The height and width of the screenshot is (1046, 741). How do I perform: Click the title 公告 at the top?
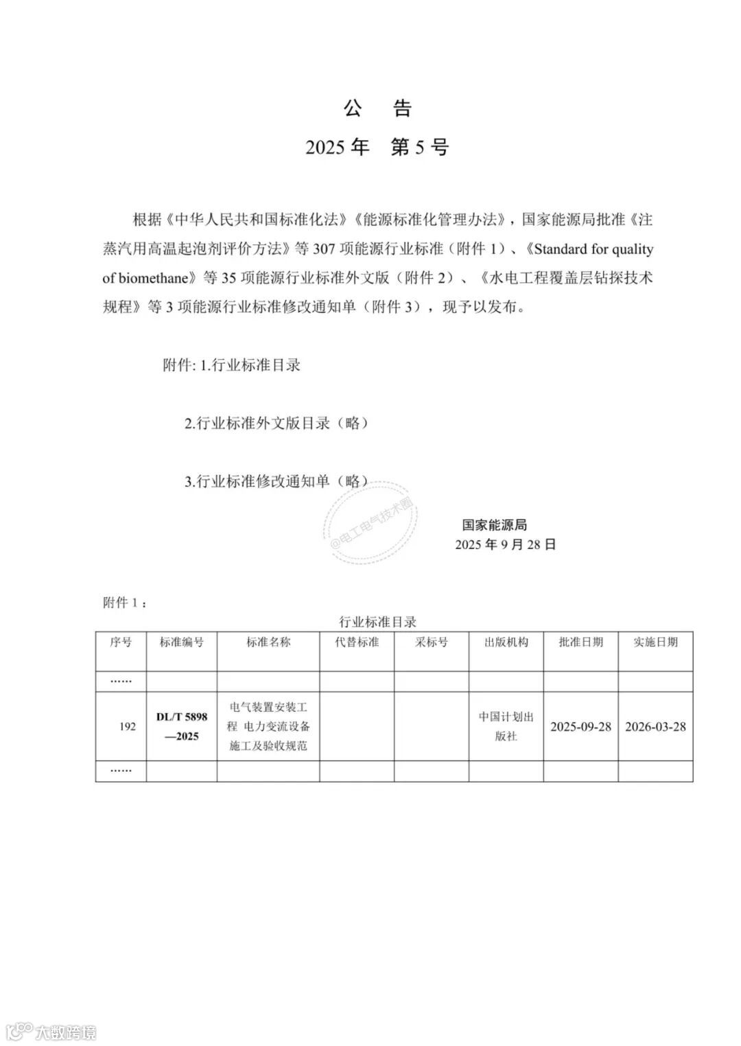coord(377,108)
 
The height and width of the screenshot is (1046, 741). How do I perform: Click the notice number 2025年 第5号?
coord(377,147)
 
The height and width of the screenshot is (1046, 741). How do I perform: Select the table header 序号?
coord(121,642)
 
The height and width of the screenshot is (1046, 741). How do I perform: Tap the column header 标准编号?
coord(182,642)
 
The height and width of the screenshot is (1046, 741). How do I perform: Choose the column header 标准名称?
coord(268,642)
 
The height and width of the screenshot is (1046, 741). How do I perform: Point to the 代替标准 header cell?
coord(357,642)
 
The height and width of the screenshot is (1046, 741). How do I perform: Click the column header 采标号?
coord(432,642)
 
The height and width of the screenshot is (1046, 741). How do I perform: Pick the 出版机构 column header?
coord(506,642)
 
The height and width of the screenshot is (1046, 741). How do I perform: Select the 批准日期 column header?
coord(581,642)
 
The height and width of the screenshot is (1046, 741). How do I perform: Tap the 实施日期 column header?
coord(655,642)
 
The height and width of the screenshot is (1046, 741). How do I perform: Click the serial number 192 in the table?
coord(128,726)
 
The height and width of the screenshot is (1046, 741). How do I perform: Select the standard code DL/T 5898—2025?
coord(182,726)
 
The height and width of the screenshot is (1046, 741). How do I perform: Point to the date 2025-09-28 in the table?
coord(580,727)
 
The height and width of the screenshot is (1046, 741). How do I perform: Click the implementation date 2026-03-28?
coord(655,727)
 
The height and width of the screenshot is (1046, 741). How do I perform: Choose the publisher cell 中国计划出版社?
coord(506,726)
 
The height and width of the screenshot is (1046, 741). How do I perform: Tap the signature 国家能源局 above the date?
coord(494,525)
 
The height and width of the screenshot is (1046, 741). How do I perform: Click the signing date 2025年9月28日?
coord(506,544)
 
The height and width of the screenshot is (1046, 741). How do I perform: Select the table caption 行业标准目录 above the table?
coord(378,622)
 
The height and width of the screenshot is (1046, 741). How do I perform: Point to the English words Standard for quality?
coord(593,249)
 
